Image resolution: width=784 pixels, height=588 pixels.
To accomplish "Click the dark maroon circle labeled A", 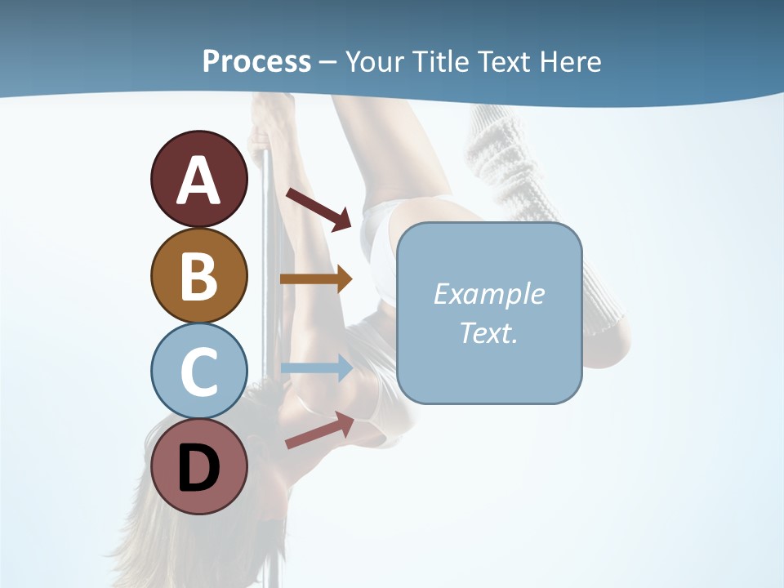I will coord(198,179).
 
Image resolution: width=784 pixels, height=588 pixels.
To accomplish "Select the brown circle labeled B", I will coord(198,275).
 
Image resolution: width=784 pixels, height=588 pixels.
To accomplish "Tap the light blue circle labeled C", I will coord(198,371).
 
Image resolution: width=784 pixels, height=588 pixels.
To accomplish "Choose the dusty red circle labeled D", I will coord(198,467).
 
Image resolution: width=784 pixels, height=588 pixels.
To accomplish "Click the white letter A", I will coord(198,180).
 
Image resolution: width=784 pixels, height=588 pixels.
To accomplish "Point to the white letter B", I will coord(198,276).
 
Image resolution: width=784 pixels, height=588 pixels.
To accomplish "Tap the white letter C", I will coord(198,372).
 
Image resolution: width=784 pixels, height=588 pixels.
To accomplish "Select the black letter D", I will coord(198,468).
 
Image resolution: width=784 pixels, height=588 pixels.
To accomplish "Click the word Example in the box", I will coord(488,294).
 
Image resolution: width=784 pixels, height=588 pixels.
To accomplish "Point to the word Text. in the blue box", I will coord(488,332).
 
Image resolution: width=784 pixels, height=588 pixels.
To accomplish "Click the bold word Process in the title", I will coord(256,61).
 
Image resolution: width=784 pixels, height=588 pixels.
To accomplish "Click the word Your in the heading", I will coord(375,61).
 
